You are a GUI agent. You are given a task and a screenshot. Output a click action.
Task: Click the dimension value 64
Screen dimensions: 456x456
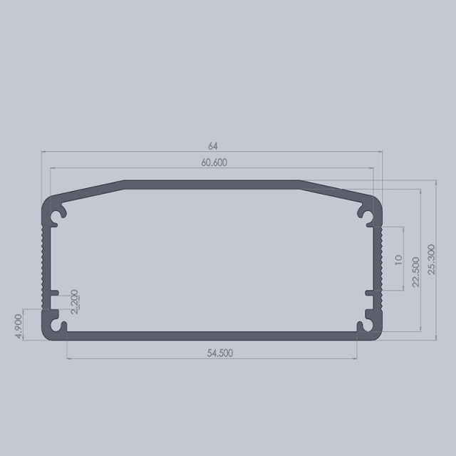coord(213,145)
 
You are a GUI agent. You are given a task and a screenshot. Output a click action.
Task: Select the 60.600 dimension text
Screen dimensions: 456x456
coord(214,162)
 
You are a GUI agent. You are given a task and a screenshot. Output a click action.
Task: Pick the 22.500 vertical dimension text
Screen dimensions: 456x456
coord(415,271)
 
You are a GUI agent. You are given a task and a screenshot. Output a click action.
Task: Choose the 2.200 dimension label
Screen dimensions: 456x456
coord(75,301)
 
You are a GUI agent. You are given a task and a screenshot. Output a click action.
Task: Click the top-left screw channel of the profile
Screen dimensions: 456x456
coord(59,214)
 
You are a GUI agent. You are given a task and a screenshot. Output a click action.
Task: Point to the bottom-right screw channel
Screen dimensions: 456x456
coord(367,326)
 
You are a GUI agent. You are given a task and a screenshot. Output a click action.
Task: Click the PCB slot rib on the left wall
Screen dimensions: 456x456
coord(54,293)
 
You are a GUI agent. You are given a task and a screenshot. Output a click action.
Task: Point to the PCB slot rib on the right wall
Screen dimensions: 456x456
coord(371,293)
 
